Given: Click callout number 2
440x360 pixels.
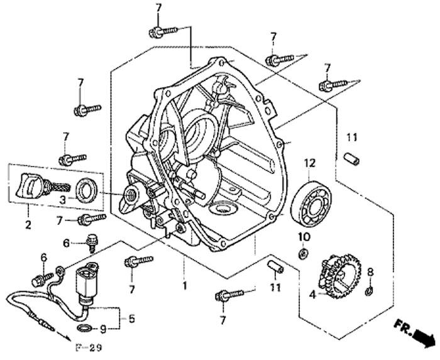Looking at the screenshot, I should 28,225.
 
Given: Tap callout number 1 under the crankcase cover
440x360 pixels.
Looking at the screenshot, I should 184,286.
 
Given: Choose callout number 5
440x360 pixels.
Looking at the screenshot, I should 131,319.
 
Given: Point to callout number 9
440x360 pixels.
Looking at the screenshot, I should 104,328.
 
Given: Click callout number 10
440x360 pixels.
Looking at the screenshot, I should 304,236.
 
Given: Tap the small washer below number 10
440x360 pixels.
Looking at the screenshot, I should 303,253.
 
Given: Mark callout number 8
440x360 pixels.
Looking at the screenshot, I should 370,271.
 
